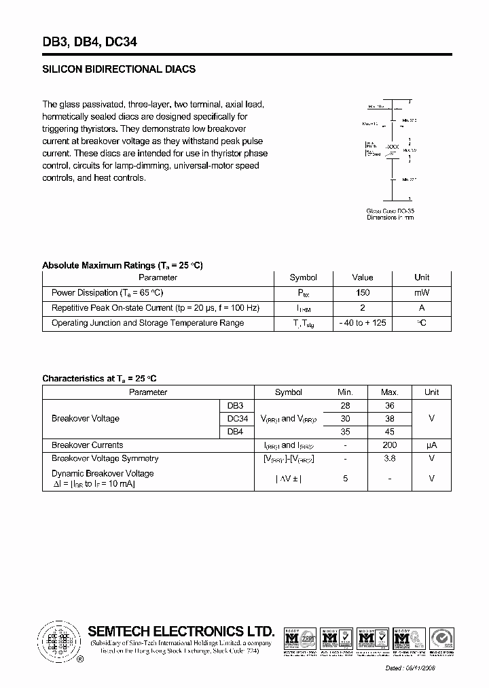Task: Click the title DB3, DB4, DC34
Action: pyautogui.click(x=90, y=41)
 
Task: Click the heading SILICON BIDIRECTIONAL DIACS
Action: pyautogui.click(x=119, y=69)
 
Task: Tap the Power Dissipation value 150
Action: pyautogui.click(x=363, y=293)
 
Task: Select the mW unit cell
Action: pyautogui.click(x=422, y=293)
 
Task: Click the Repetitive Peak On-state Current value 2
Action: pyautogui.click(x=363, y=308)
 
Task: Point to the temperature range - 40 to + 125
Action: pyautogui.click(x=363, y=323)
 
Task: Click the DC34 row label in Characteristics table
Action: pyautogui.click(x=237, y=419)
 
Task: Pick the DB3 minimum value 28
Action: pyautogui.click(x=345, y=406)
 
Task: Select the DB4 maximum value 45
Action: pyautogui.click(x=389, y=432)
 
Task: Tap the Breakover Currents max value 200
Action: pyautogui.click(x=389, y=445)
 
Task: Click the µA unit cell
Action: pyautogui.click(x=431, y=445)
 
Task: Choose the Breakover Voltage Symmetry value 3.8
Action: pyautogui.click(x=389, y=459)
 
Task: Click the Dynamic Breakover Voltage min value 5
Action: pyautogui.click(x=345, y=479)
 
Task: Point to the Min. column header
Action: pyautogui.click(x=345, y=392)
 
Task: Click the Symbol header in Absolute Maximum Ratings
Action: pyautogui.click(x=303, y=277)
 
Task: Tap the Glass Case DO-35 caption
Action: pyautogui.click(x=390, y=211)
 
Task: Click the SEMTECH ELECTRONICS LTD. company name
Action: pyautogui.click(x=181, y=631)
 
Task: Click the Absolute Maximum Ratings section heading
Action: pyautogui.click(x=122, y=265)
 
